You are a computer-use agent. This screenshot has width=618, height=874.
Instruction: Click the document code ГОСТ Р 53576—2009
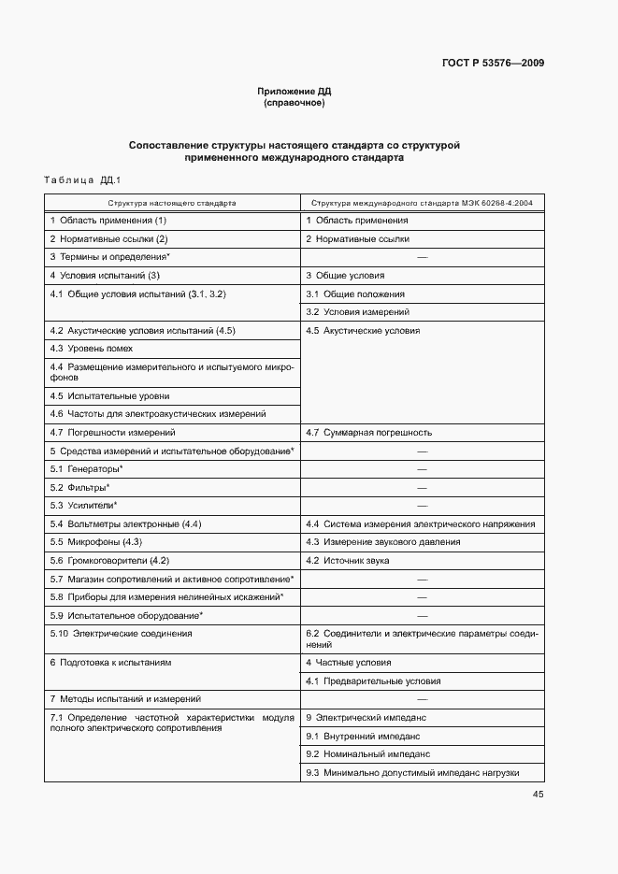pyautogui.click(x=493, y=64)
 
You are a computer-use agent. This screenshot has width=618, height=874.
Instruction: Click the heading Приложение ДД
pyautogui.click(x=295, y=92)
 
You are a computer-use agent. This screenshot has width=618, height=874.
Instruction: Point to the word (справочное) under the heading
pyautogui.click(x=295, y=103)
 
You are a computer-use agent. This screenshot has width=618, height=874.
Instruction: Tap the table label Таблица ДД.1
pyautogui.click(x=77, y=179)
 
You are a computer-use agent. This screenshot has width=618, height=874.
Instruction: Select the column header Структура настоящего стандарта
pyautogui.click(x=171, y=202)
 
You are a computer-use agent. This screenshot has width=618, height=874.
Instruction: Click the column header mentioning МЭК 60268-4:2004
pyautogui.click(x=422, y=202)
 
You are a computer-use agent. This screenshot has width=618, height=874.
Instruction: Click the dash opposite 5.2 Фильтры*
pyautogui.click(x=422, y=488)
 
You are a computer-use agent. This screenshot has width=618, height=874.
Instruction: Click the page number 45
pyautogui.click(x=538, y=795)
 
